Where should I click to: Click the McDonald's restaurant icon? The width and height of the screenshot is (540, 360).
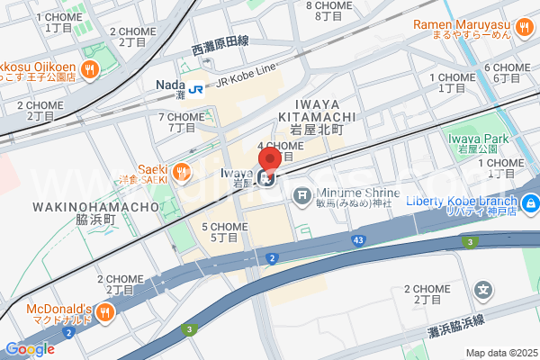(105, 312)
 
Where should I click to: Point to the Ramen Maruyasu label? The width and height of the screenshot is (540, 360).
(475, 24)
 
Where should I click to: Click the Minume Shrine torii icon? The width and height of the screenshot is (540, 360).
(302, 193)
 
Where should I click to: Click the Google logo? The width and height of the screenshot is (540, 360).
(30, 349)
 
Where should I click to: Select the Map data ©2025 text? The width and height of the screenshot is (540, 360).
(500, 352)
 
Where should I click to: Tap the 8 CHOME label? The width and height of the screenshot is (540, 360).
(328, 5)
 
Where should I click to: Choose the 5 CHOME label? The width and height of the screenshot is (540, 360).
(224, 226)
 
